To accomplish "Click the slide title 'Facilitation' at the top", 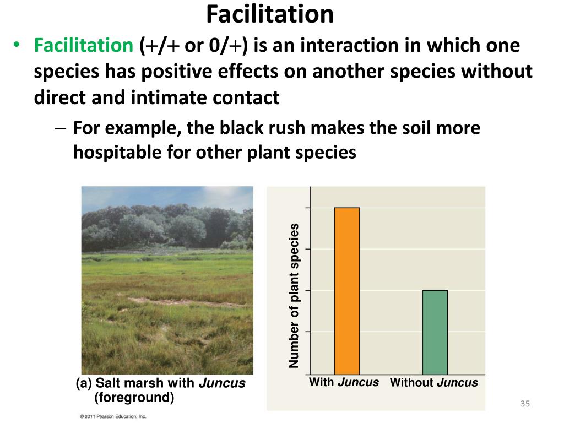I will [270, 15].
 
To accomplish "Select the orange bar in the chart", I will [346, 291].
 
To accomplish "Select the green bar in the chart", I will [435, 332].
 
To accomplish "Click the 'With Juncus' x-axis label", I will [344, 382].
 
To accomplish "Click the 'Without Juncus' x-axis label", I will [433, 383].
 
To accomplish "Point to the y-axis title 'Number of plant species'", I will [294, 296].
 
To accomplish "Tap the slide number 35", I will [524, 405].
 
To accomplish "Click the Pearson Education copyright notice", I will [113, 416].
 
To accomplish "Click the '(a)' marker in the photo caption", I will [84, 383].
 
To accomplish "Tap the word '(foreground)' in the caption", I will [134, 397].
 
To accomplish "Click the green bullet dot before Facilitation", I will [17, 46].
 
